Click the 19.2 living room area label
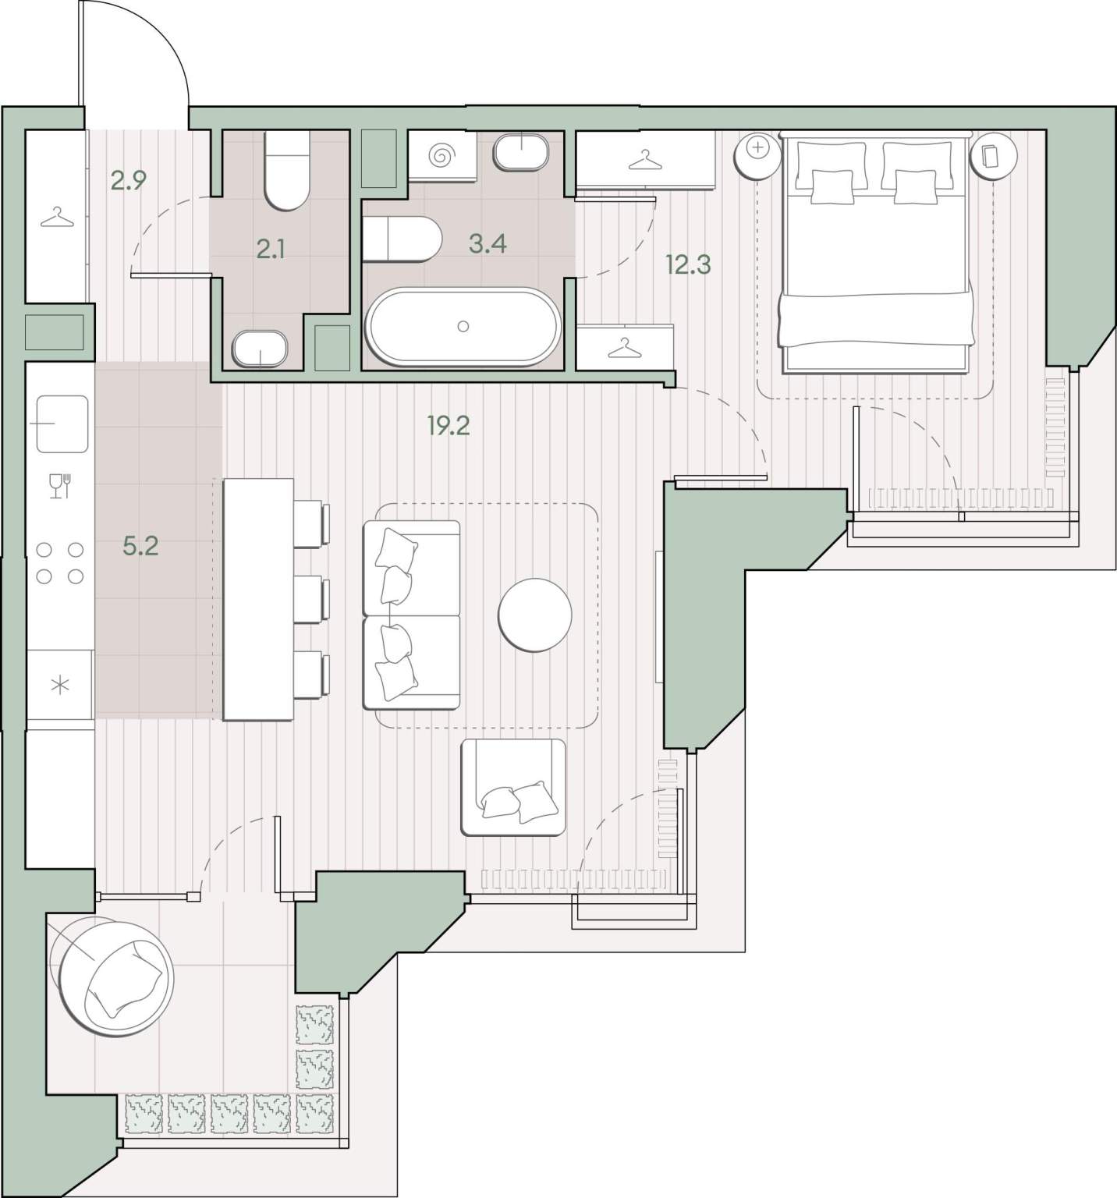pos(449,426)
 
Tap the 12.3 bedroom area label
pos(688,265)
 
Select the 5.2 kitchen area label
pos(140,546)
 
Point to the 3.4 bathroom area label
pos(488,244)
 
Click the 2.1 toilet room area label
pos(271,250)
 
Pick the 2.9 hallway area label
pos(129,181)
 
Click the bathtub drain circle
pos(463,327)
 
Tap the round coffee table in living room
pos(535,615)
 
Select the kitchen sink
pos(61,424)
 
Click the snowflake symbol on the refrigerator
pos(60,686)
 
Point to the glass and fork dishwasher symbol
pos(60,486)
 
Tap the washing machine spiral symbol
pos(442,156)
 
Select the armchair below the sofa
pos(513,787)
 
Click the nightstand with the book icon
pos(994,156)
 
